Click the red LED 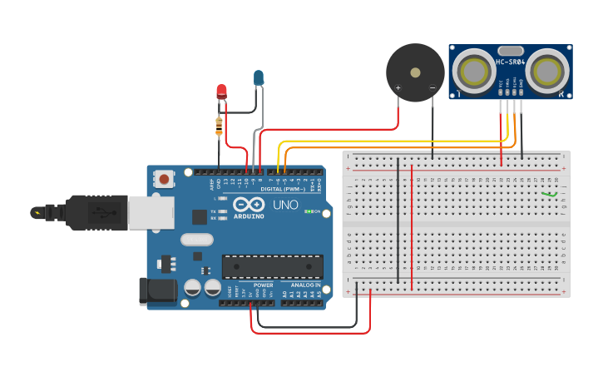pyautogui.click(x=221, y=91)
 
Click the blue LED pyautogui.click(x=259, y=78)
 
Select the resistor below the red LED pyautogui.click(x=219, y=126)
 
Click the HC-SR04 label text pyautogui.click(x=510, y=62)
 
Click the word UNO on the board pyautogui.click(x=285, y=205)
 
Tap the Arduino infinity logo pyautogui.click(x=248, y=205)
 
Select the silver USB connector pyautogui.click(x=151, y=212)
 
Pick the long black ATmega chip pyautogui.click(x=272, y=266)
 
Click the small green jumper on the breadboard pyautogui.click(x=549, y=195)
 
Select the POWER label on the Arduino pyautogui.click(x=263, y=285)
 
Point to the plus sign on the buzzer pyautogui.click(x=398, y=87)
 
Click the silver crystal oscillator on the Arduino pyautogui.click(x=197, y=240)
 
